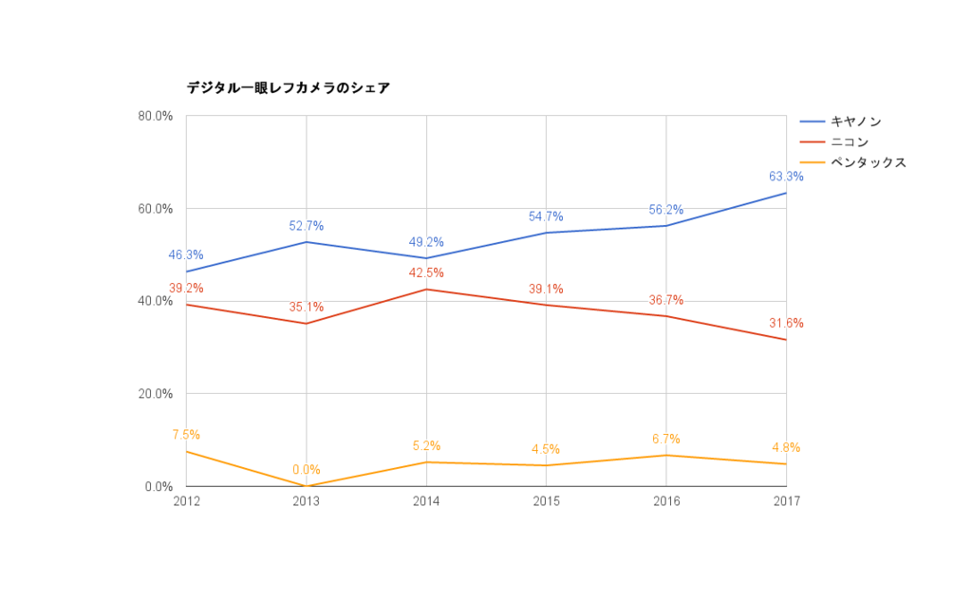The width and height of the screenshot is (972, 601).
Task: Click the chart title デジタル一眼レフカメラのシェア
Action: tap(288, 88)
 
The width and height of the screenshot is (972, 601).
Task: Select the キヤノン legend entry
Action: tap(855, 122)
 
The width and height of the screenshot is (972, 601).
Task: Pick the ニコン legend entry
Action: tap(849, 142)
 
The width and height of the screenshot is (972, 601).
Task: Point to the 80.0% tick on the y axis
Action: tap(155, 116)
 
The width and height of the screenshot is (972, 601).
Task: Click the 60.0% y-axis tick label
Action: tap(155, 209)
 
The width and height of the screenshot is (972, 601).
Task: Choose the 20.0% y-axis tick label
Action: tap(155, 394)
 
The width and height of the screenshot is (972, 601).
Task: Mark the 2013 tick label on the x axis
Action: tap(306, 501)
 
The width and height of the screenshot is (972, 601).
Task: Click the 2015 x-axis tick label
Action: tap(546, 501)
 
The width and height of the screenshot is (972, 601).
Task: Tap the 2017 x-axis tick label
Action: tap(786, 501)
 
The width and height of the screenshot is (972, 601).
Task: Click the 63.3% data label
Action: tap(786, 177)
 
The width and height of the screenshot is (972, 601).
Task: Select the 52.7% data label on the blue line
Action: tap(306, 226)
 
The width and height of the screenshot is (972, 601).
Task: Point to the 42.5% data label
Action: tap(426, 273)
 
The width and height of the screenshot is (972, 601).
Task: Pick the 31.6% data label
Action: tap(786, 324)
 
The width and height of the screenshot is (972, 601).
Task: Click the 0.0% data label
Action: tap(306, 470)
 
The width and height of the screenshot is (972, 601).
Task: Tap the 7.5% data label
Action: tap(186, 435)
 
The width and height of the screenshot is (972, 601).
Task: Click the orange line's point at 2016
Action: tap(666, 455)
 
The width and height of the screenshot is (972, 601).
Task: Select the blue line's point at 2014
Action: tap(426, 258)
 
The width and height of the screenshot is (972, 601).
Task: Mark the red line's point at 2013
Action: tap(306, 324)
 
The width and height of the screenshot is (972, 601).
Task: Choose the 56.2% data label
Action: tap(666, 210)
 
